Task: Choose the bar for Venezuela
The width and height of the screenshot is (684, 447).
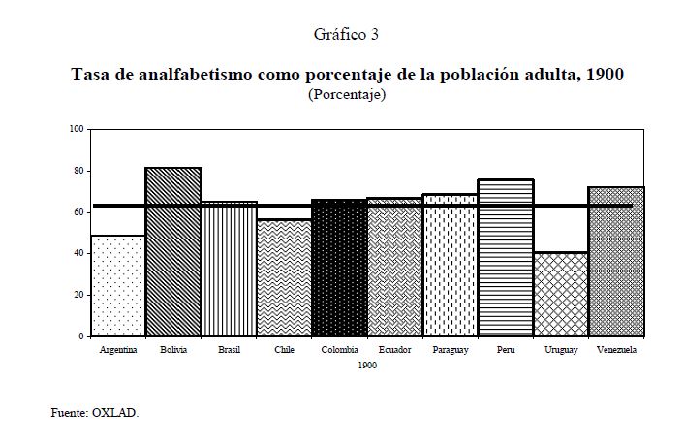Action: (616, 262)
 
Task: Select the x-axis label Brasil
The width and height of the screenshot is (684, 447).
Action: (229, 350)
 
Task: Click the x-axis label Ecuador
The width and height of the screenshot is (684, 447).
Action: (394, 350)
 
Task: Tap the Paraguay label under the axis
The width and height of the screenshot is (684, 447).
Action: (450, 350)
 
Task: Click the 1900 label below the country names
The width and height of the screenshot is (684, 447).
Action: (366, 365)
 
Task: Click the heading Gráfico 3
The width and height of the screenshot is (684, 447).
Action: (346, 35)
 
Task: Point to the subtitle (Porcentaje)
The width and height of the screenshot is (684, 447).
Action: (346, 95)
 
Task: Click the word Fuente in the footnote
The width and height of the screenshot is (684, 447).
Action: (70, 413)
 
